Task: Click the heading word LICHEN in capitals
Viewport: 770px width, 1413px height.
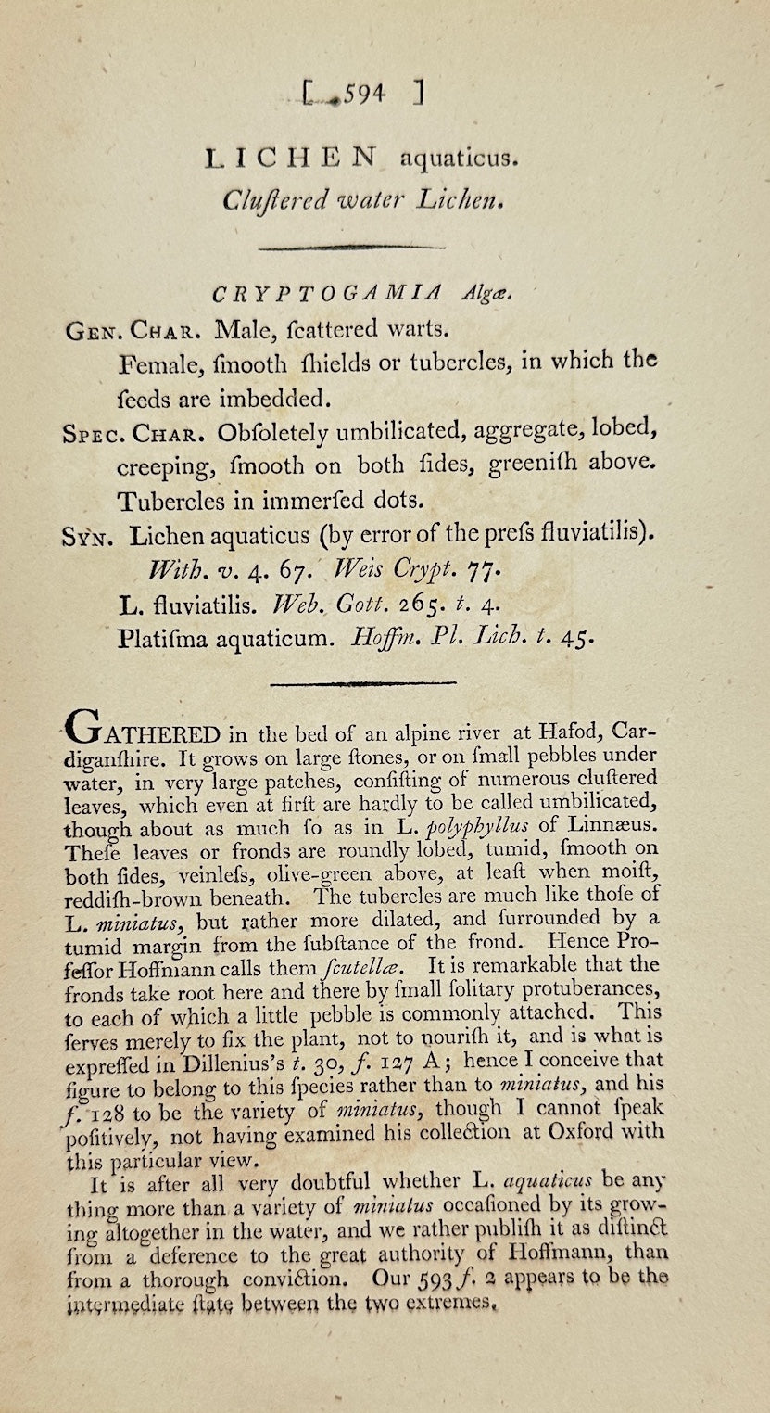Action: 293,159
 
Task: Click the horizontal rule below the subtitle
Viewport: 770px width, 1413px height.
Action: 353,247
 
